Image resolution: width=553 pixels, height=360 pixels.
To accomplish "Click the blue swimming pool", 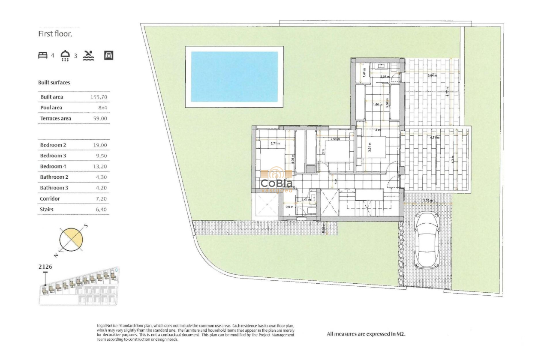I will click(234, 76).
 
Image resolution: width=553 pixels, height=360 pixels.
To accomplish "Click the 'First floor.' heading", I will click(55, 34).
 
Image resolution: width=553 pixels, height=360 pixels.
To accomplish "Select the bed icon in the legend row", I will click(43, 55).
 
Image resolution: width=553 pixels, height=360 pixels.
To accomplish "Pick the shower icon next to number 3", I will click(65, 55).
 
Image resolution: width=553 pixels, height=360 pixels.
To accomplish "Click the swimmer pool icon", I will click(88, 55).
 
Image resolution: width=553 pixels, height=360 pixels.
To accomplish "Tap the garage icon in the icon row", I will click(109, 55).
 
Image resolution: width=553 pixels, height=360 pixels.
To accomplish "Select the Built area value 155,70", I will click(99, 97).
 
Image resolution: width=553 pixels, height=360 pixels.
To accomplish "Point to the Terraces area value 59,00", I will click(100, 118).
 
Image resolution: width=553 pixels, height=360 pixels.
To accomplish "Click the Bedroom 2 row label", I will click(53, 145).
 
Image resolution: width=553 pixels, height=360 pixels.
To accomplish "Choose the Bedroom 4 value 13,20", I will click(100, 166).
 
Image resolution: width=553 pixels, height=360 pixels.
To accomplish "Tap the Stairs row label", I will click(47, 210).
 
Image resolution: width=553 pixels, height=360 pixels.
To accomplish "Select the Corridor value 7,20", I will click(101, 199).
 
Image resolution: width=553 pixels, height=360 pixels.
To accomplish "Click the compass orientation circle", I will click(71, 239).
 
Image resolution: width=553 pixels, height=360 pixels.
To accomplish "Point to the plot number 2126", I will click(45, 267).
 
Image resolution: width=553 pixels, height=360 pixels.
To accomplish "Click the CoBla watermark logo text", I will click(277, 183).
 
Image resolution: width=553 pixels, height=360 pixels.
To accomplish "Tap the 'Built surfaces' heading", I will click(54, 82).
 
